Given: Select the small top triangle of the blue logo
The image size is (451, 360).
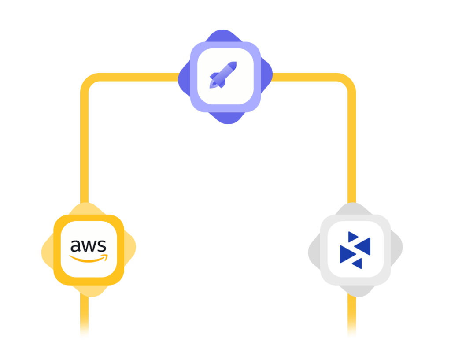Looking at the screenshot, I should click(353, 237).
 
